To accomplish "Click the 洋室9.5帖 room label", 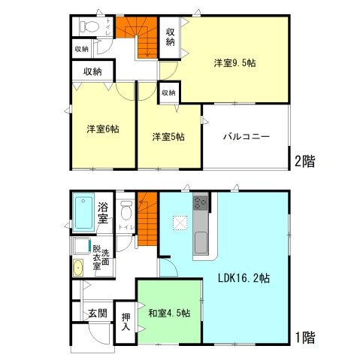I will tap(235, 63).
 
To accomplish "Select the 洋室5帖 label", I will tap(168, 137).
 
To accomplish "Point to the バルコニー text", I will tap(246, 138).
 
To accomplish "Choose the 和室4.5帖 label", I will tap(168, 312).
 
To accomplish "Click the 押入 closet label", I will tap(126, 323).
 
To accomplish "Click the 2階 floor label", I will tap(303, 160).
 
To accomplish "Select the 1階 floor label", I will tap(303, 338).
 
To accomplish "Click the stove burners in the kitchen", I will tap(201, 202).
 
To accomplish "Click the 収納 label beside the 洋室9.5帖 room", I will tap(171, 36).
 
